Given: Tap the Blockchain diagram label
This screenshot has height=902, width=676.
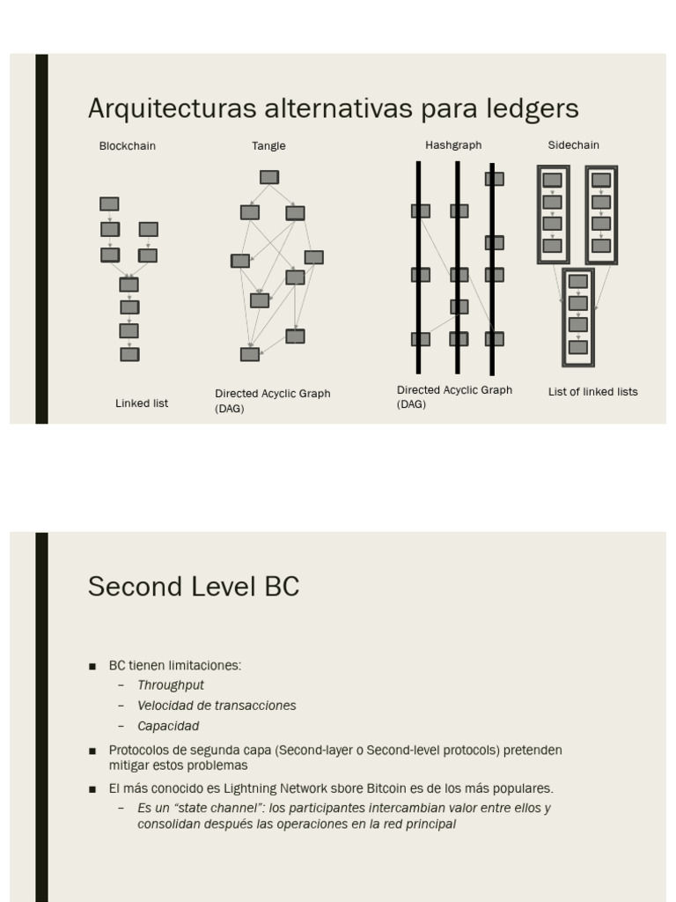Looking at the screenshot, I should [127, 146].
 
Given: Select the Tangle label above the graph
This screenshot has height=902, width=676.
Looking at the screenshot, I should [268, 146].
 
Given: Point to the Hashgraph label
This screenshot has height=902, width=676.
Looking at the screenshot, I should [453, 144].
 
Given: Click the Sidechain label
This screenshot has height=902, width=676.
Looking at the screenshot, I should [573, 144].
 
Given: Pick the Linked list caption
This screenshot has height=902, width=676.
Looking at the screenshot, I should [142, 403].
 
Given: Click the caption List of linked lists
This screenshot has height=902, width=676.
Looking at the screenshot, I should [592, 392].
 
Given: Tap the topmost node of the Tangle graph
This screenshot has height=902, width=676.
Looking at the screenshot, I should [269, 177].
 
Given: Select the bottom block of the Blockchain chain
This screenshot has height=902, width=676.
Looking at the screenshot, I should [129, 354].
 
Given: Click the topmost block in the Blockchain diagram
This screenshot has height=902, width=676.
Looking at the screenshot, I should [109, 204].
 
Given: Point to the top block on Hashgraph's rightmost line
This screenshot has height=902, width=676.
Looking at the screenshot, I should [495, 179].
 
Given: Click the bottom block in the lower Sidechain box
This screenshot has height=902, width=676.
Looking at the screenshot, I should [577, 347].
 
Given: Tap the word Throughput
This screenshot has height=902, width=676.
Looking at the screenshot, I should [171, 685].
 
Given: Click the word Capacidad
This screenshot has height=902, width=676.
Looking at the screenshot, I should [168, 727].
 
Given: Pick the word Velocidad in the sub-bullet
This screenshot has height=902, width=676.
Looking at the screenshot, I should [165, 706].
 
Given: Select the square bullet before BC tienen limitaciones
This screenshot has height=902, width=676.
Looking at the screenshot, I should [92, 667].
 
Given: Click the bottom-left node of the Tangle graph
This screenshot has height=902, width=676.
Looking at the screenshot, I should [250, 354].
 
